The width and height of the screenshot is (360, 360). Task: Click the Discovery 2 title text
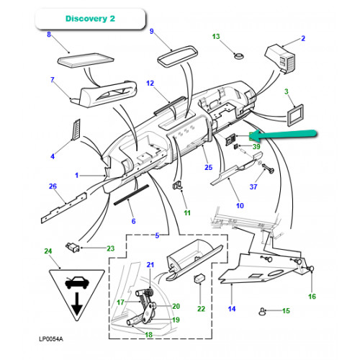click(x=90, y=19)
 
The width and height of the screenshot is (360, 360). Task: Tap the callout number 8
click(x=49, y=35)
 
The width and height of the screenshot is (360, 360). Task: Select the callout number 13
click(x=216, y=37)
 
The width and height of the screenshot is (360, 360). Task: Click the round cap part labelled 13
click(x=239, y=56)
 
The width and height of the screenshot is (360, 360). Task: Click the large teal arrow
click(x=286, y=135)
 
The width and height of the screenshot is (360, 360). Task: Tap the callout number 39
click(x=256, y=146)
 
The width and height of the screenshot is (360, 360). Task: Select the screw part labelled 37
click(x=269, y=168)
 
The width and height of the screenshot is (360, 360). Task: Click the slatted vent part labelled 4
click(x=76, y=129)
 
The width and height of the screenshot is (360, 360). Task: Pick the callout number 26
click(x=53, y=186)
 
